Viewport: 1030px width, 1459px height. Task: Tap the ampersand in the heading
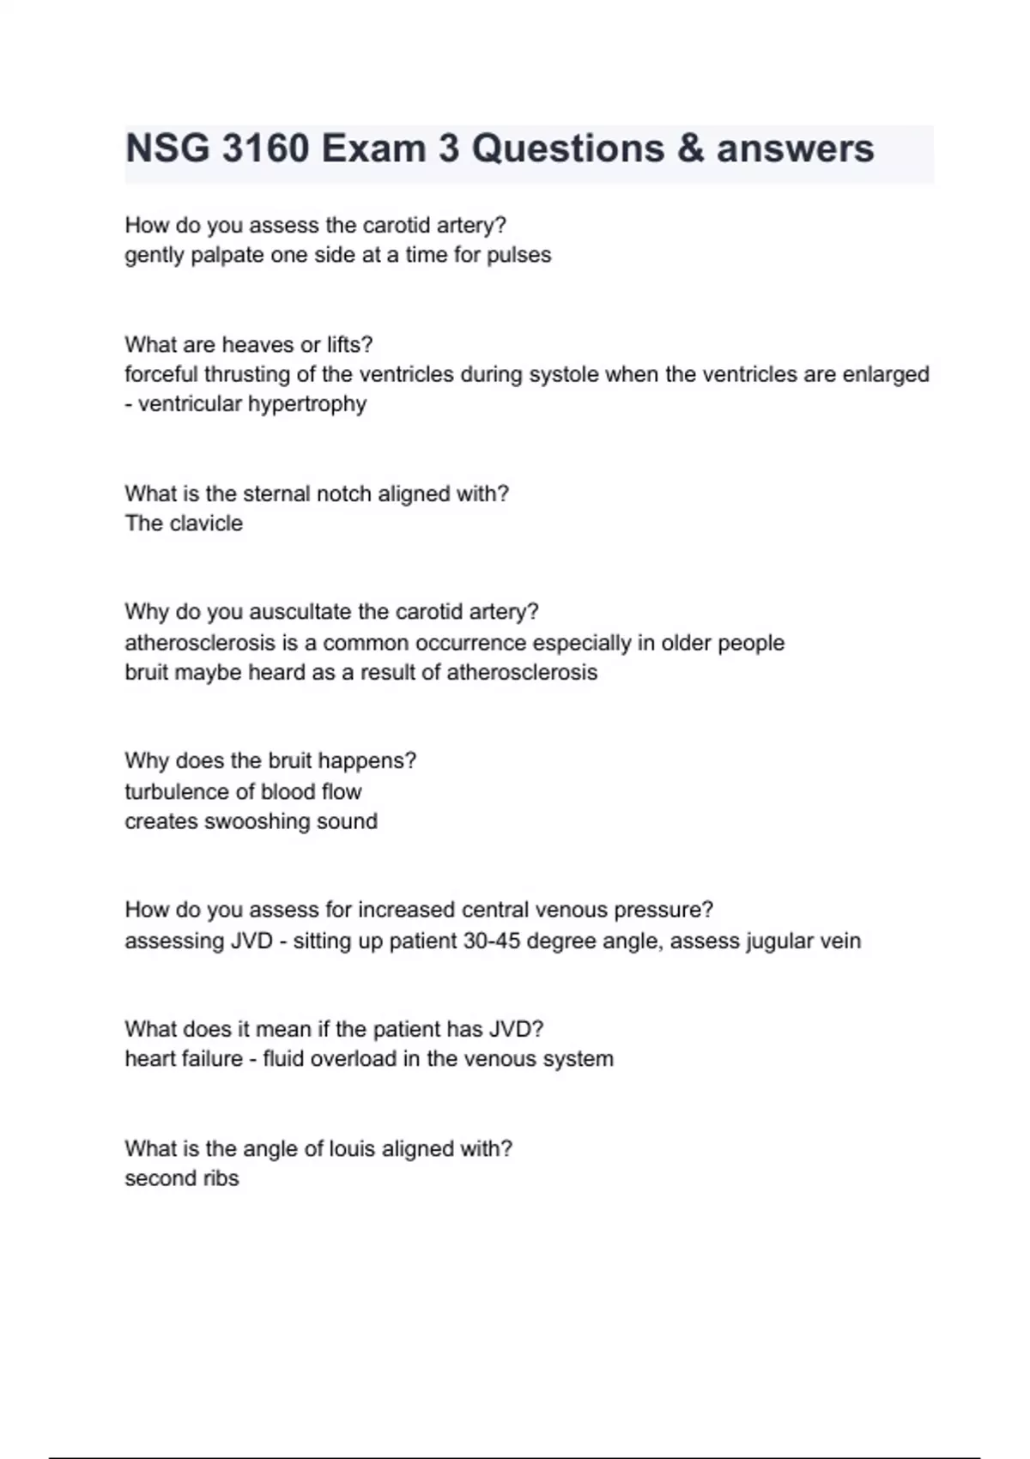tap(690, 148)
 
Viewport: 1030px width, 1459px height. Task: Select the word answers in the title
tap(796, 148)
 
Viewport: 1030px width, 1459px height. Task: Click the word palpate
tap(227, 255)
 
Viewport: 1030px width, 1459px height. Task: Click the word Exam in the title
tap(374, 148)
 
